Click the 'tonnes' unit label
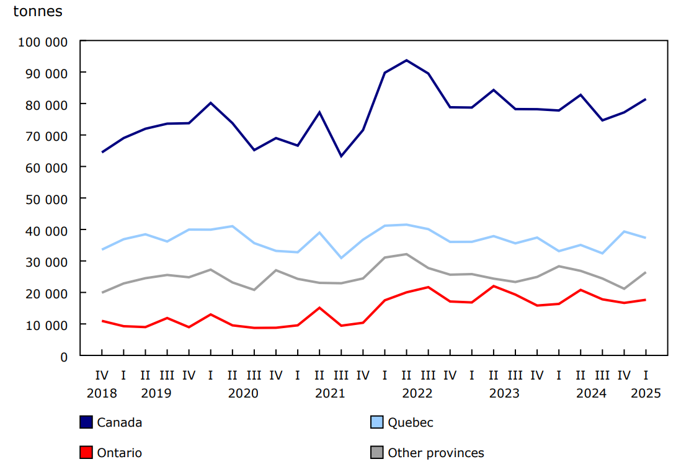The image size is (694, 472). (x=38, y=11)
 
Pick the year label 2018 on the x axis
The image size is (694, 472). (x=102, y=393)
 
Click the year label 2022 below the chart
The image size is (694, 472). (x=417, y=393)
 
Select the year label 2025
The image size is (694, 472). (x=646, y=393)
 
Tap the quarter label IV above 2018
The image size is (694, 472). (x=102, y=375)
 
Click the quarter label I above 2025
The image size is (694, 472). (x=646, y=375)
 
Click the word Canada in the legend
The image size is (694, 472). (x=120, y=422)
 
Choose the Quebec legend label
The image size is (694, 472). (x=411, y=422)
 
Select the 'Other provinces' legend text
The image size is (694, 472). (x=436, y=453)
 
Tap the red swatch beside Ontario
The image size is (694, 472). (x=86, y=453)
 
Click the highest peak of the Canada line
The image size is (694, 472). (x=406, y=60)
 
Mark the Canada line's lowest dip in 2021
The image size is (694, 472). (x=341, y=156)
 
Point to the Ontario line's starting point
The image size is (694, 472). (x=102, y=321)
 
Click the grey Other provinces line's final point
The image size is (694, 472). (x=646, y=272)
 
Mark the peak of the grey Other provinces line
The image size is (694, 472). (x=406, y=254)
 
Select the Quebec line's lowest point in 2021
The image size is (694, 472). (x=341, y=258)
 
